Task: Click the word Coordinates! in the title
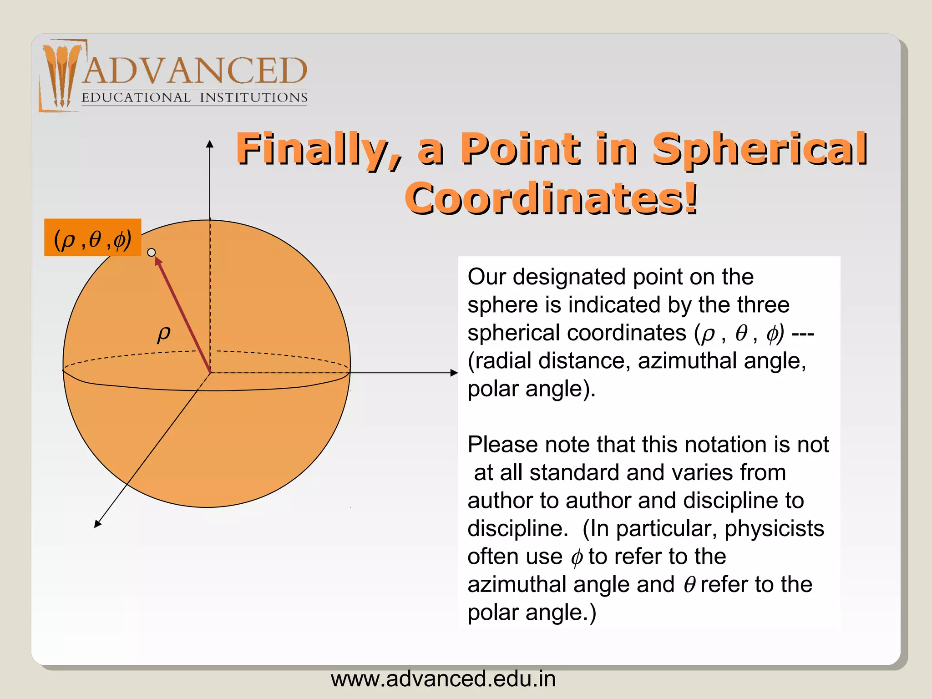click(x=551, y=198)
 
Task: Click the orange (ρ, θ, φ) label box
click(x=92, y=238)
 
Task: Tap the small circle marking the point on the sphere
click(x=152, y=252)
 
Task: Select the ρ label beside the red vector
click(x=164, y=333)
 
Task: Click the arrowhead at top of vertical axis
click(x=210, y=144)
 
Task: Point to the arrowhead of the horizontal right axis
click(x=454, y=373)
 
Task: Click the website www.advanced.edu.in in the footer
click(x=443, y=679)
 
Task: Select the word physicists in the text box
click(x=774, y=529)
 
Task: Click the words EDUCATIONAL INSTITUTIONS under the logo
click(x=194, y=98)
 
